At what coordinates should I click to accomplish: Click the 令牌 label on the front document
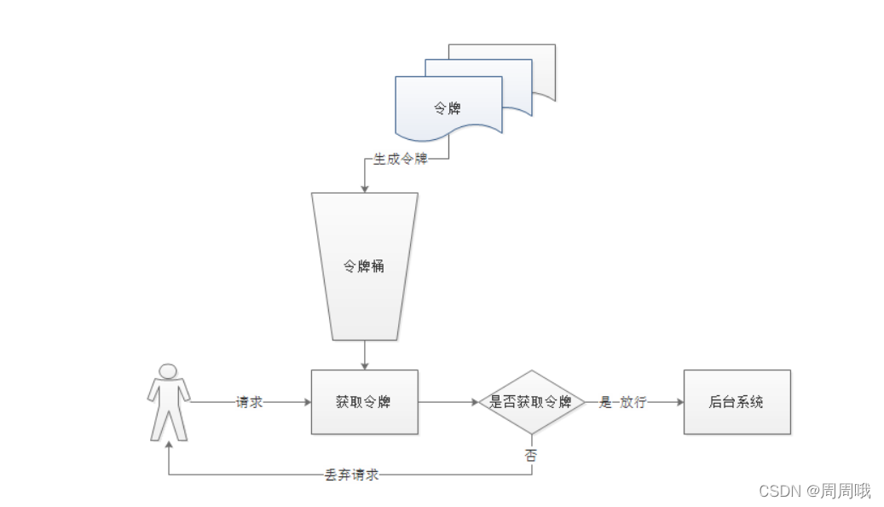tap(448, 108)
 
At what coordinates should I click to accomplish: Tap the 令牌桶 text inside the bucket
tap(364, 266)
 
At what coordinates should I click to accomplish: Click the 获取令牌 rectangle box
tap(364, 402)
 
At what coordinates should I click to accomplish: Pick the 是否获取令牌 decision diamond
tap(531, 402)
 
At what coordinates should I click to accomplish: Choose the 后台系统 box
tap(737, 402)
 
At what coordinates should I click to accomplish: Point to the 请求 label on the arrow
tap(249, 402)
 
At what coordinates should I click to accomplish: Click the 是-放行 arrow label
tap(622, 402)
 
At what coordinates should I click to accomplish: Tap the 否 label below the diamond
tap(531, 454)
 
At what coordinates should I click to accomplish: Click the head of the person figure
tap(168, 371)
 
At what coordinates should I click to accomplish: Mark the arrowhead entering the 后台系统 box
tap(679, 402)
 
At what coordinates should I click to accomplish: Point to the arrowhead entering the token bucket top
tap(364, 188)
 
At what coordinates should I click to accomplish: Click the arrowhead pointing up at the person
tap(168, 446)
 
